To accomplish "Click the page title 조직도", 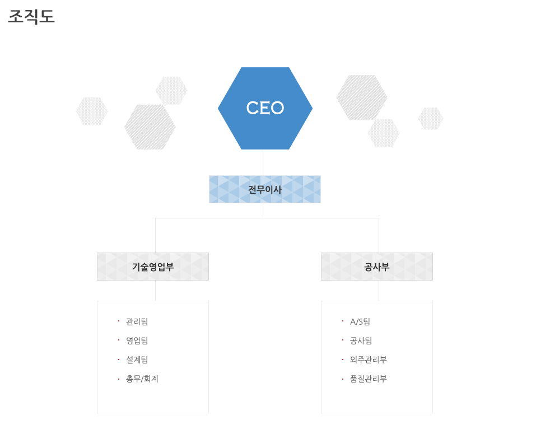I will (x=31, y=17).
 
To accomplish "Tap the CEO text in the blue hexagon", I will (x=265, y=108).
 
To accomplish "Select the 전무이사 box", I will (x=265, y=189).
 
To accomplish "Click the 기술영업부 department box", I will (x=153, y=267).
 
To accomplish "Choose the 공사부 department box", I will (x=377, y=267).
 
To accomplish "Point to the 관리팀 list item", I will (x=137, y=321).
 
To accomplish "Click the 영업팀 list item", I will (x=137, y=340).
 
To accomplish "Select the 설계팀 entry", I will (x=137, y=360).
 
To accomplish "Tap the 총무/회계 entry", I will (x=142, y=379).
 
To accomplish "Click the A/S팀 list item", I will (x=360, y=321).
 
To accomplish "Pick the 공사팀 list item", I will (x=361, y=340).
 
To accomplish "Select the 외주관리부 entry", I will (x=368, y=360).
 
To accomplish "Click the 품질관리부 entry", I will (x=368, y=379).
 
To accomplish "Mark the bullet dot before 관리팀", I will (x=119, y=321).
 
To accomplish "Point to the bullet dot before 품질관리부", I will (x=343, y=379).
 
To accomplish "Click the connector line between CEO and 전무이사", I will (x=263, y=162).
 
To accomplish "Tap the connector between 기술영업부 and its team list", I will (x=155, y=291).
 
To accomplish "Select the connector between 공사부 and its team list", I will (x=379, y=291).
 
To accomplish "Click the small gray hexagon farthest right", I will (x=431, y=119).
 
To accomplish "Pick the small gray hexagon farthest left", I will (x=92, y=111).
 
